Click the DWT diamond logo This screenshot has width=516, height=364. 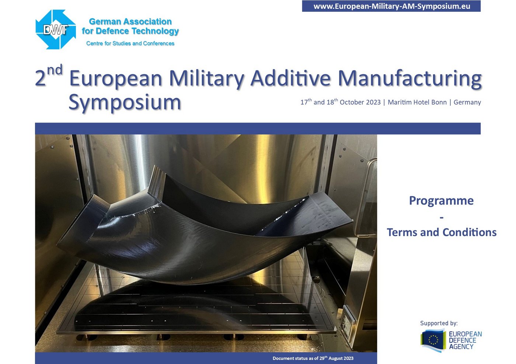(x=56, y=29)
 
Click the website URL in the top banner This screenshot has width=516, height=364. (x=391, y=6)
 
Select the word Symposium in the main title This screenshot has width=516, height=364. (x=125, y=102)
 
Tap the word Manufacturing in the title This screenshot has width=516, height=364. (x=410, y=78)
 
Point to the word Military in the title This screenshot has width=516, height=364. (x=207, y=78)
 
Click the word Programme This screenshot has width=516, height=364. (x=442, y=201)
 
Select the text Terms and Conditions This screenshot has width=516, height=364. (x=442, y=232)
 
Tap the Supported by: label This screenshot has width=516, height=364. (x=439, y=323)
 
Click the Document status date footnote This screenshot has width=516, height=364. (x=313, y=358)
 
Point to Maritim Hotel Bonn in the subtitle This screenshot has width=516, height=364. (x=417, y=102)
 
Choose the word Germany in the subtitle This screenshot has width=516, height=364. (x=467, y=102)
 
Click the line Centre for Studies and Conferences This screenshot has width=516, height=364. (x=130, y=43)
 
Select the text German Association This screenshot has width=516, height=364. (x=130, y=21)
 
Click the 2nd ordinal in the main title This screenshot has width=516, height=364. (x=49, y=75)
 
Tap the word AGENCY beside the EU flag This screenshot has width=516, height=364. (x=461, y=346)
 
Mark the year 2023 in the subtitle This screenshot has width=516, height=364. (x=373, y=102)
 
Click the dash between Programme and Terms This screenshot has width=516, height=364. (x=442, y=217)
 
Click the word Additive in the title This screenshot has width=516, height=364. (x=291, y=78)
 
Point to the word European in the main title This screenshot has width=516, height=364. (x=116, y=78)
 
